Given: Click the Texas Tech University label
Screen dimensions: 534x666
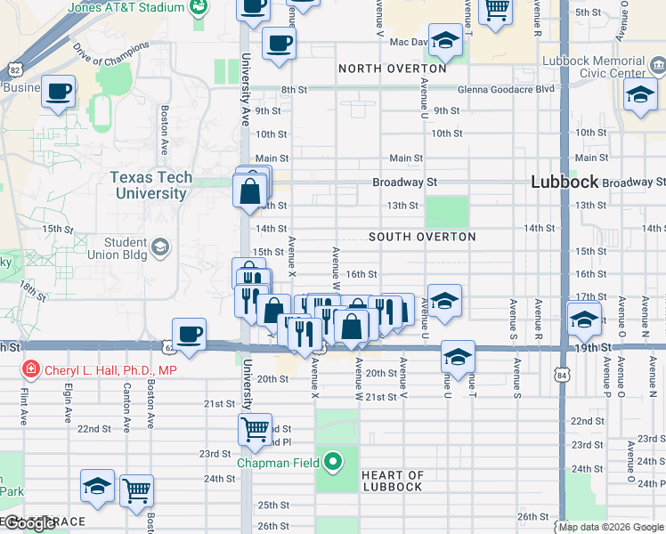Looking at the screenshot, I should point(151,185).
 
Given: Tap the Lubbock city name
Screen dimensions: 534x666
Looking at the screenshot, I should point(564,181).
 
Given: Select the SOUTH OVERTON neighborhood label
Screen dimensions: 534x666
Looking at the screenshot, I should point(422,237).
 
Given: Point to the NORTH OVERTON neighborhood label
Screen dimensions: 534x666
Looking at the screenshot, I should point(392,69).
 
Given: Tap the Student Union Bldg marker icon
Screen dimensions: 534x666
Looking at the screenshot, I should point(160,247).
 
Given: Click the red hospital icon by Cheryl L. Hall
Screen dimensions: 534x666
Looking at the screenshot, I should point(30,368).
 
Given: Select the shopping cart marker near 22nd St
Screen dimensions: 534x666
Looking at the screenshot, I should point(255,430).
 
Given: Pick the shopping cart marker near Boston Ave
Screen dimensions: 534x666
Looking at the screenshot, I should point(137,490).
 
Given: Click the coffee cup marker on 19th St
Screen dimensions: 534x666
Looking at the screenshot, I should point(190,334).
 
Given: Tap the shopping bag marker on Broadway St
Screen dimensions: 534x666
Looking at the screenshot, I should point(250,190).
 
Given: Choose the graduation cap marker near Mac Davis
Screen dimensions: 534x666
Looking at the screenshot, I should point(445,41).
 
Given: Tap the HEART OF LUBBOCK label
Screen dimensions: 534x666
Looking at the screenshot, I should point(393,481).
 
